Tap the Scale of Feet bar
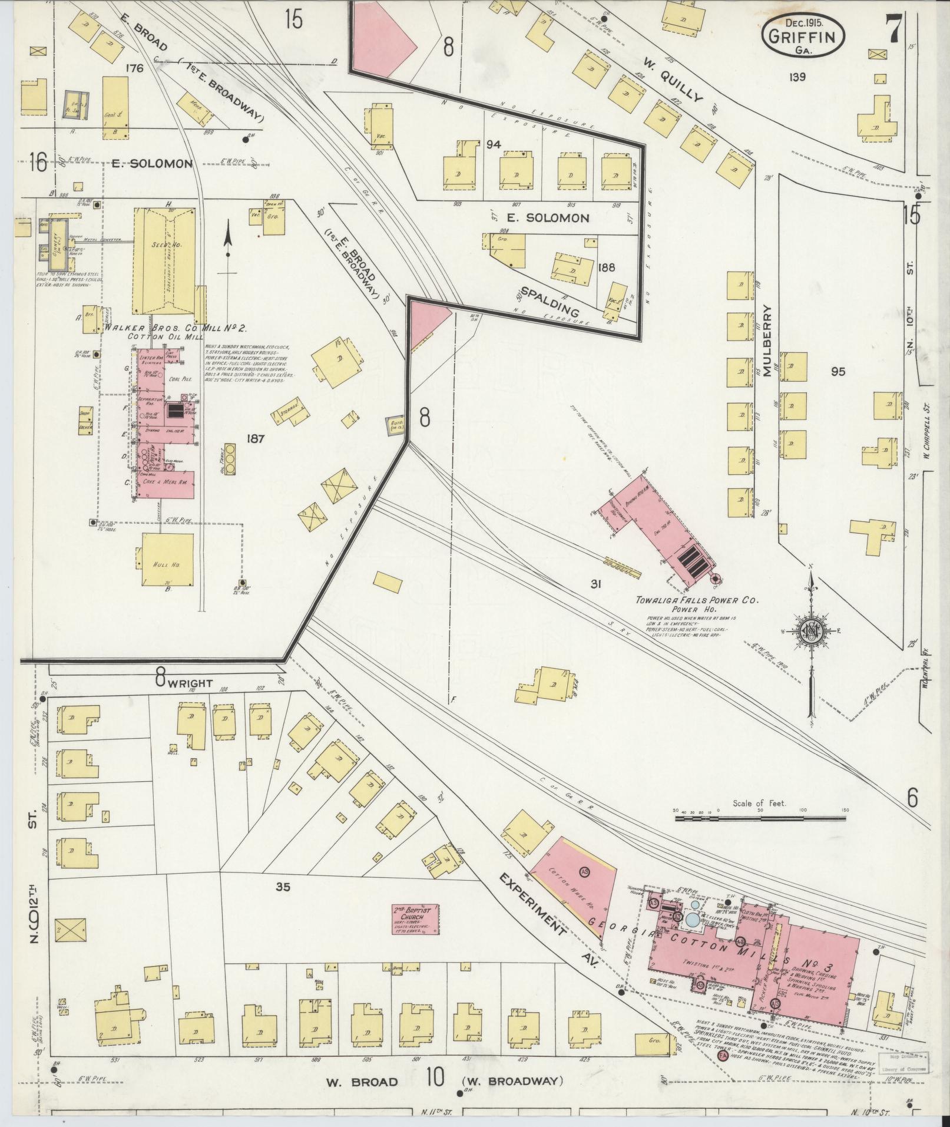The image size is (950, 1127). click(x=760, y=818)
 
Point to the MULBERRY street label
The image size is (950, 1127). click(x=767, y=341)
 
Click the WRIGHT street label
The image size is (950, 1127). click(x=191, y=683)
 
